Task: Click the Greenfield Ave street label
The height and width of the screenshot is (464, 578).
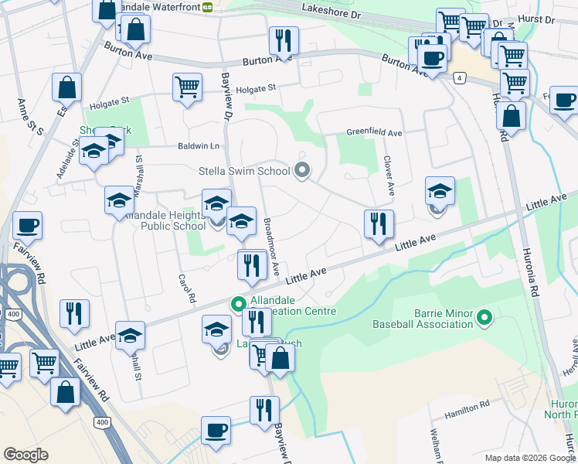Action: [x=374, y=133]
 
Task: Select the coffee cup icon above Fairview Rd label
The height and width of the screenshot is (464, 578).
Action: [x=27, y=225]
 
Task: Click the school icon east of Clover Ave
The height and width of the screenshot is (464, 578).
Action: [x=440, y=190]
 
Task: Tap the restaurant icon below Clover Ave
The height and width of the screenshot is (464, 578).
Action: [x=379, y=223]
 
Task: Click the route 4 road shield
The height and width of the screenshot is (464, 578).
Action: [x=459, y=78]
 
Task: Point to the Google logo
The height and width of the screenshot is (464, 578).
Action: [x=25, y=455]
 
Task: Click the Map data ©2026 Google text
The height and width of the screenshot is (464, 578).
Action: [x=529, y=458]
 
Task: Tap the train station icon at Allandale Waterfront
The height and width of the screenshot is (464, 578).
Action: [x=207, y=7]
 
